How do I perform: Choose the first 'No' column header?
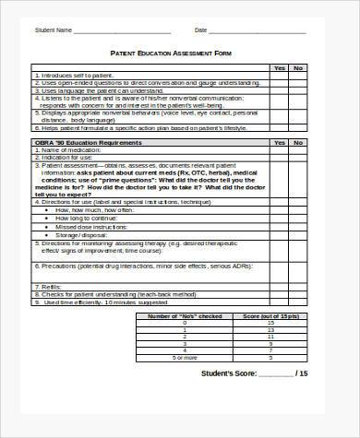tap(297, 67)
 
